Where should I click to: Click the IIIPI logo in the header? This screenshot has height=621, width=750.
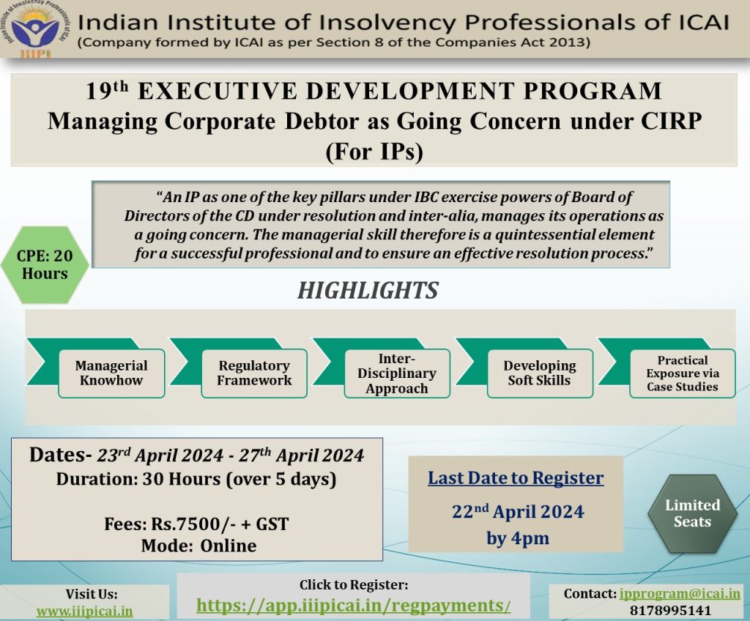[34, 29]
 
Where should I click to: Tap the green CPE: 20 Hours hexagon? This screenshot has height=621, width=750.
[45, 264]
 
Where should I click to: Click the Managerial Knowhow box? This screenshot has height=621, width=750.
[111, 373]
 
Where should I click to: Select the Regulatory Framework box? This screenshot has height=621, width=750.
[254, 373]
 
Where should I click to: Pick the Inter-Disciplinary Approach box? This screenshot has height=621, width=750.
[397, 373]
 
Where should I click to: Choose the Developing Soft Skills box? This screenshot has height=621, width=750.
[540, 373]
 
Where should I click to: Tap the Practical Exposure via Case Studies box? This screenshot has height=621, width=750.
[683, 373]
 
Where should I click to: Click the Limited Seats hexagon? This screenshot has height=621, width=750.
[693, 513]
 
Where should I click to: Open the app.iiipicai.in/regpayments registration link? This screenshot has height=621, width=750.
[354, 606]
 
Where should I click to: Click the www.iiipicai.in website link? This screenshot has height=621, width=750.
[85, 611]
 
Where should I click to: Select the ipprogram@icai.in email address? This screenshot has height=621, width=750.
[680, 594]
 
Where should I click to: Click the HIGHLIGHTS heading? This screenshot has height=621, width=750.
[368, 291]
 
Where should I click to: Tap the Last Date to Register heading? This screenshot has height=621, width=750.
[516, 478]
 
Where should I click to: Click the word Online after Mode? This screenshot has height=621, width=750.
[229, 546]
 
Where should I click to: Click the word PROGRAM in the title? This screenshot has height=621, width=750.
[593, 91]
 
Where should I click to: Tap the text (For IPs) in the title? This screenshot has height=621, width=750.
[374, 152]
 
